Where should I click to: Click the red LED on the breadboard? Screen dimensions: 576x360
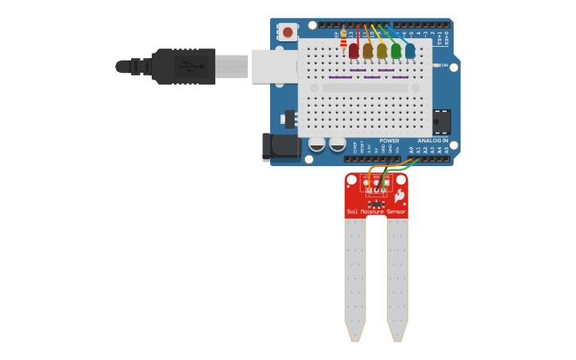(354, 51)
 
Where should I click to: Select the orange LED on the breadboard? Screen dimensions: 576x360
(368, 51)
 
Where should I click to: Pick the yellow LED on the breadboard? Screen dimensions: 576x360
(382, 51)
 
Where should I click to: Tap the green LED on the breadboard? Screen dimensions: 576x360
(396, 51)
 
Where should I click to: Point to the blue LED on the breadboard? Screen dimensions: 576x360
(410, 51)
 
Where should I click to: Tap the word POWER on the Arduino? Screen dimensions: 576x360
(389, 141)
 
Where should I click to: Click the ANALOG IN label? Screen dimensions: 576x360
(433, 141)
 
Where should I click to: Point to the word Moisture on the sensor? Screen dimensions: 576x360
(373, 211)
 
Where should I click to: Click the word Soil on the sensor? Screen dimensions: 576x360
(352, 211)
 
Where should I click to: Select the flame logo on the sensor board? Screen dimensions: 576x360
(399, 195)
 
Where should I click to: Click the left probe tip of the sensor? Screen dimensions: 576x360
(354, 334)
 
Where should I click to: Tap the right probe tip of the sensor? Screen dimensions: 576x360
(397, 334)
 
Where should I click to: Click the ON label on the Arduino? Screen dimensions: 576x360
(443, 65)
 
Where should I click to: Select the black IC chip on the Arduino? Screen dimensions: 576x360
(441, 122)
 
